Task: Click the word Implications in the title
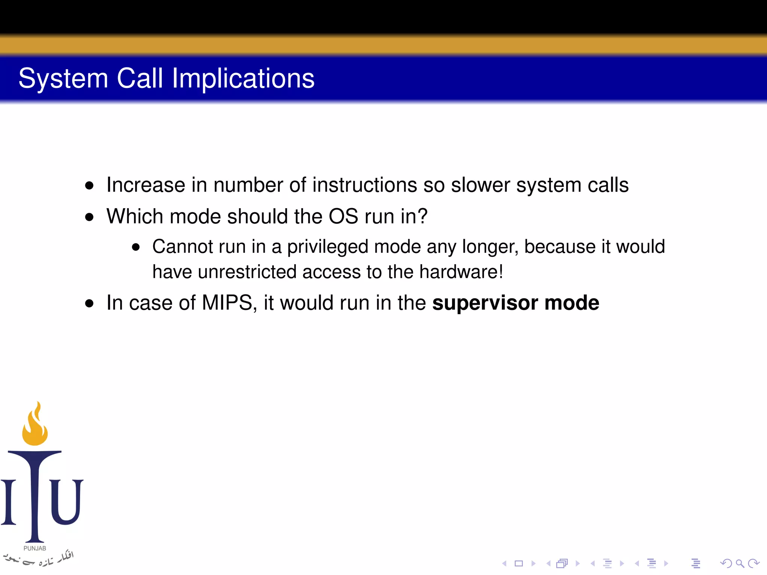tap(243, 79)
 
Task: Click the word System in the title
tap(63, 79)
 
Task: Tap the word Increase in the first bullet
tap(146, 185)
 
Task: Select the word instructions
tap(364, 185)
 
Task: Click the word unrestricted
tap(247, 272)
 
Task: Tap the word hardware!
tap(461, 272)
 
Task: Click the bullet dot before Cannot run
tap(136, 247)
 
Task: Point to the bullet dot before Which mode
tap(89, 217)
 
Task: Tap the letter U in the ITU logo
tap(66, 502)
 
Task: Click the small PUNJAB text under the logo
tap(35, 548)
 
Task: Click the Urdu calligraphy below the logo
tap(39, 559)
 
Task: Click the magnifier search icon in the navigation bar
tap(740, 563)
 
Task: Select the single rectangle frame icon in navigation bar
tap(519, 563)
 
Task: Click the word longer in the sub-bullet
tap(490, 247)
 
